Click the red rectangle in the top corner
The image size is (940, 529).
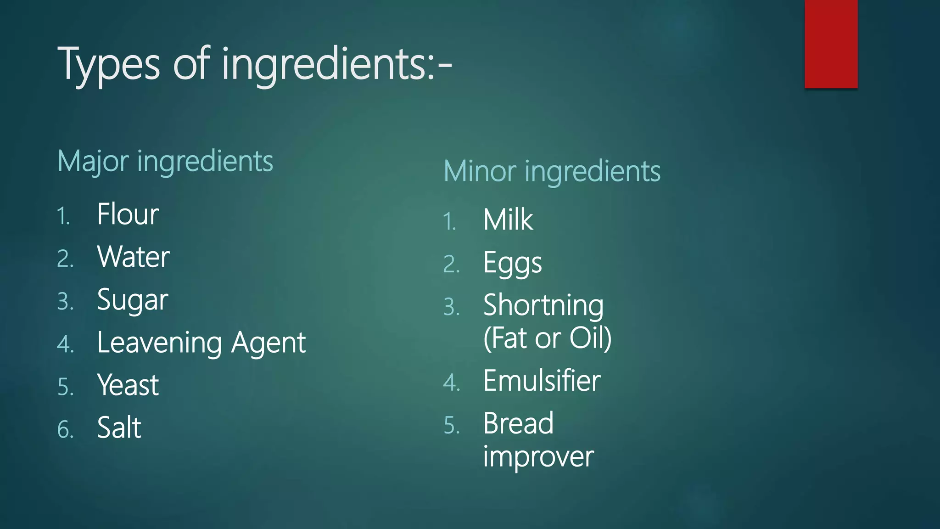(x=831, y=44)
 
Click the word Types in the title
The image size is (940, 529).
(x=109, y=64)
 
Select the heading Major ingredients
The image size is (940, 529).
(x=165, y=162)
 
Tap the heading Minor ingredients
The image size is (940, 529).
(x=552, y=172)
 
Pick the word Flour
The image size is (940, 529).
(x=128, y=214)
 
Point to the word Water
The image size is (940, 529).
(x=133, y=257)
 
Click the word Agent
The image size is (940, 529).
(x=268, y=343)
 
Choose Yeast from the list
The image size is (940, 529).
(x=128, y=385)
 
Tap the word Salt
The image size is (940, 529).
(x=119, y=428)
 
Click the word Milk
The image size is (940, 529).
(x=508, y=220)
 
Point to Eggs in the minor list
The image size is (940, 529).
(x=512, y=264)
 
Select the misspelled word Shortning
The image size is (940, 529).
(x=543, y=306)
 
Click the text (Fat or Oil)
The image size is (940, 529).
(x=547, y=338)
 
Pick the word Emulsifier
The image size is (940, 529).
(x=542, y=381)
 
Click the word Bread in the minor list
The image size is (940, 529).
(x=518, y=423)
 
